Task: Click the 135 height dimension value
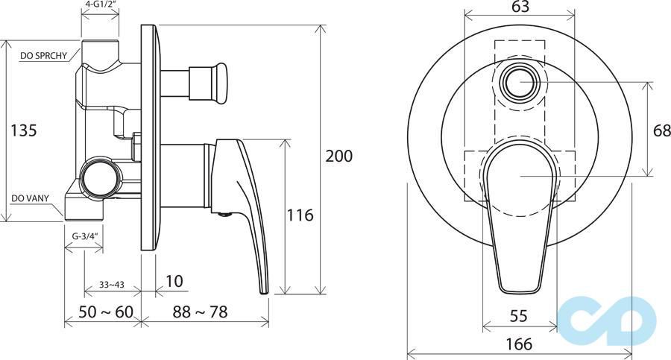pos(24,130)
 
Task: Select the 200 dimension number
pos(339,156)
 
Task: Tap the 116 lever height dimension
pos(300,215)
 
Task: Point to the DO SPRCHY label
pos(44,56)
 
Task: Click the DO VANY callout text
pos(30,198)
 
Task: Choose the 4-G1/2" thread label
pos(100,4)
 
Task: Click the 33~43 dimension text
pos(112,284)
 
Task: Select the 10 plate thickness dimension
pos(174,281)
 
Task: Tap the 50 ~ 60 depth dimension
pos(106,312)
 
